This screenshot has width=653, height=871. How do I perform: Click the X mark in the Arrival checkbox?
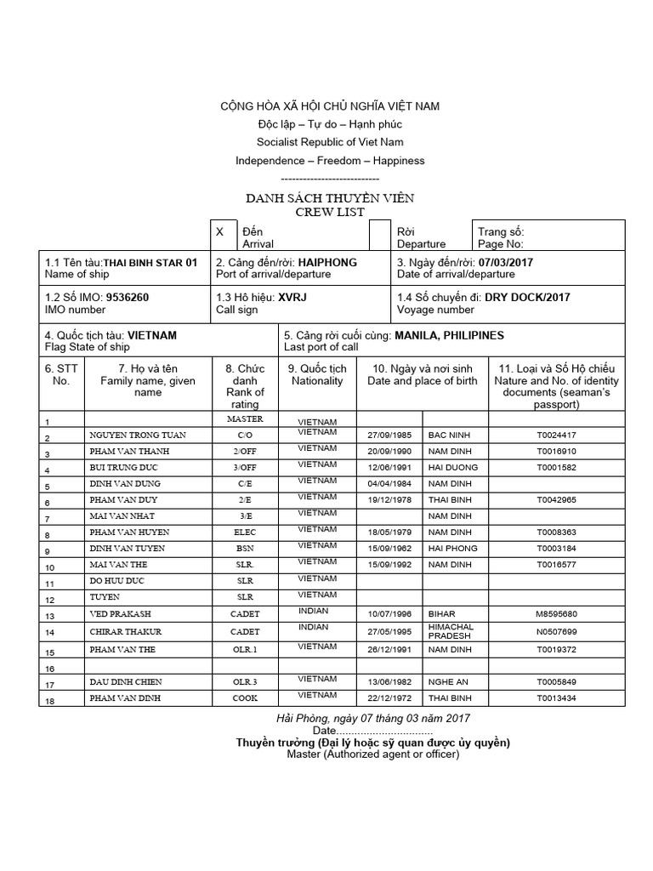coord(220,231)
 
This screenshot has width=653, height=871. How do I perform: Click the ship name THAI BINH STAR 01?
coord(150,263)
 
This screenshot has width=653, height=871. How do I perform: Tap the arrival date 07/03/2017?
coord(506,263)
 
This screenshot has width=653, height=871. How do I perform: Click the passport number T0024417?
coord(556,435)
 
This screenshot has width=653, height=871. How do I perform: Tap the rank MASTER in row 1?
coord(246,419)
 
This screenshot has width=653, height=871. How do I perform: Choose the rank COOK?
coord(246,698)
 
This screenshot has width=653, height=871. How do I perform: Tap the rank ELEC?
coord(246,533)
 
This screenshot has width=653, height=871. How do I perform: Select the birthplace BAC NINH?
coord(447,435)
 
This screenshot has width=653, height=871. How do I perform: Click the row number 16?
coord(49,669)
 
